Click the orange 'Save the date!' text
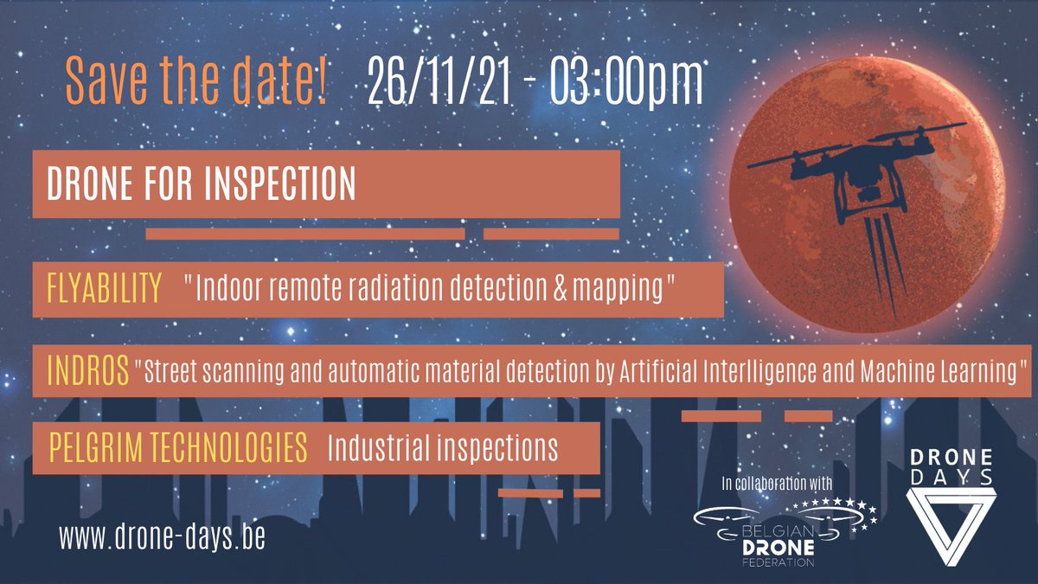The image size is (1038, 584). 196,82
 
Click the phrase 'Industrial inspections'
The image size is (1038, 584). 442,448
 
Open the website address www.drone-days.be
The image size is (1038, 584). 162,536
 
